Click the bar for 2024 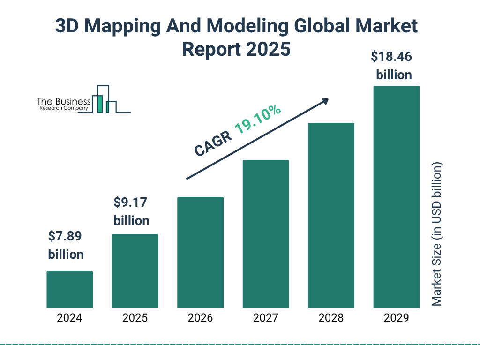tap(69, 289)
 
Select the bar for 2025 tap(135, 271)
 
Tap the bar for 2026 tap(200, 252)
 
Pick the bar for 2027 tap(265, 234)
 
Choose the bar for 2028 tap(331, 215)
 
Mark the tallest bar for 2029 tap(396, 197)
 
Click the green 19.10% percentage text tap(258, 120)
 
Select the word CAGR tap(213, 143)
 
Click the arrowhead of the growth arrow tap(325, 100)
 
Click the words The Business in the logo tap(64, 102)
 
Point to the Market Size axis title tap(437, 234)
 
